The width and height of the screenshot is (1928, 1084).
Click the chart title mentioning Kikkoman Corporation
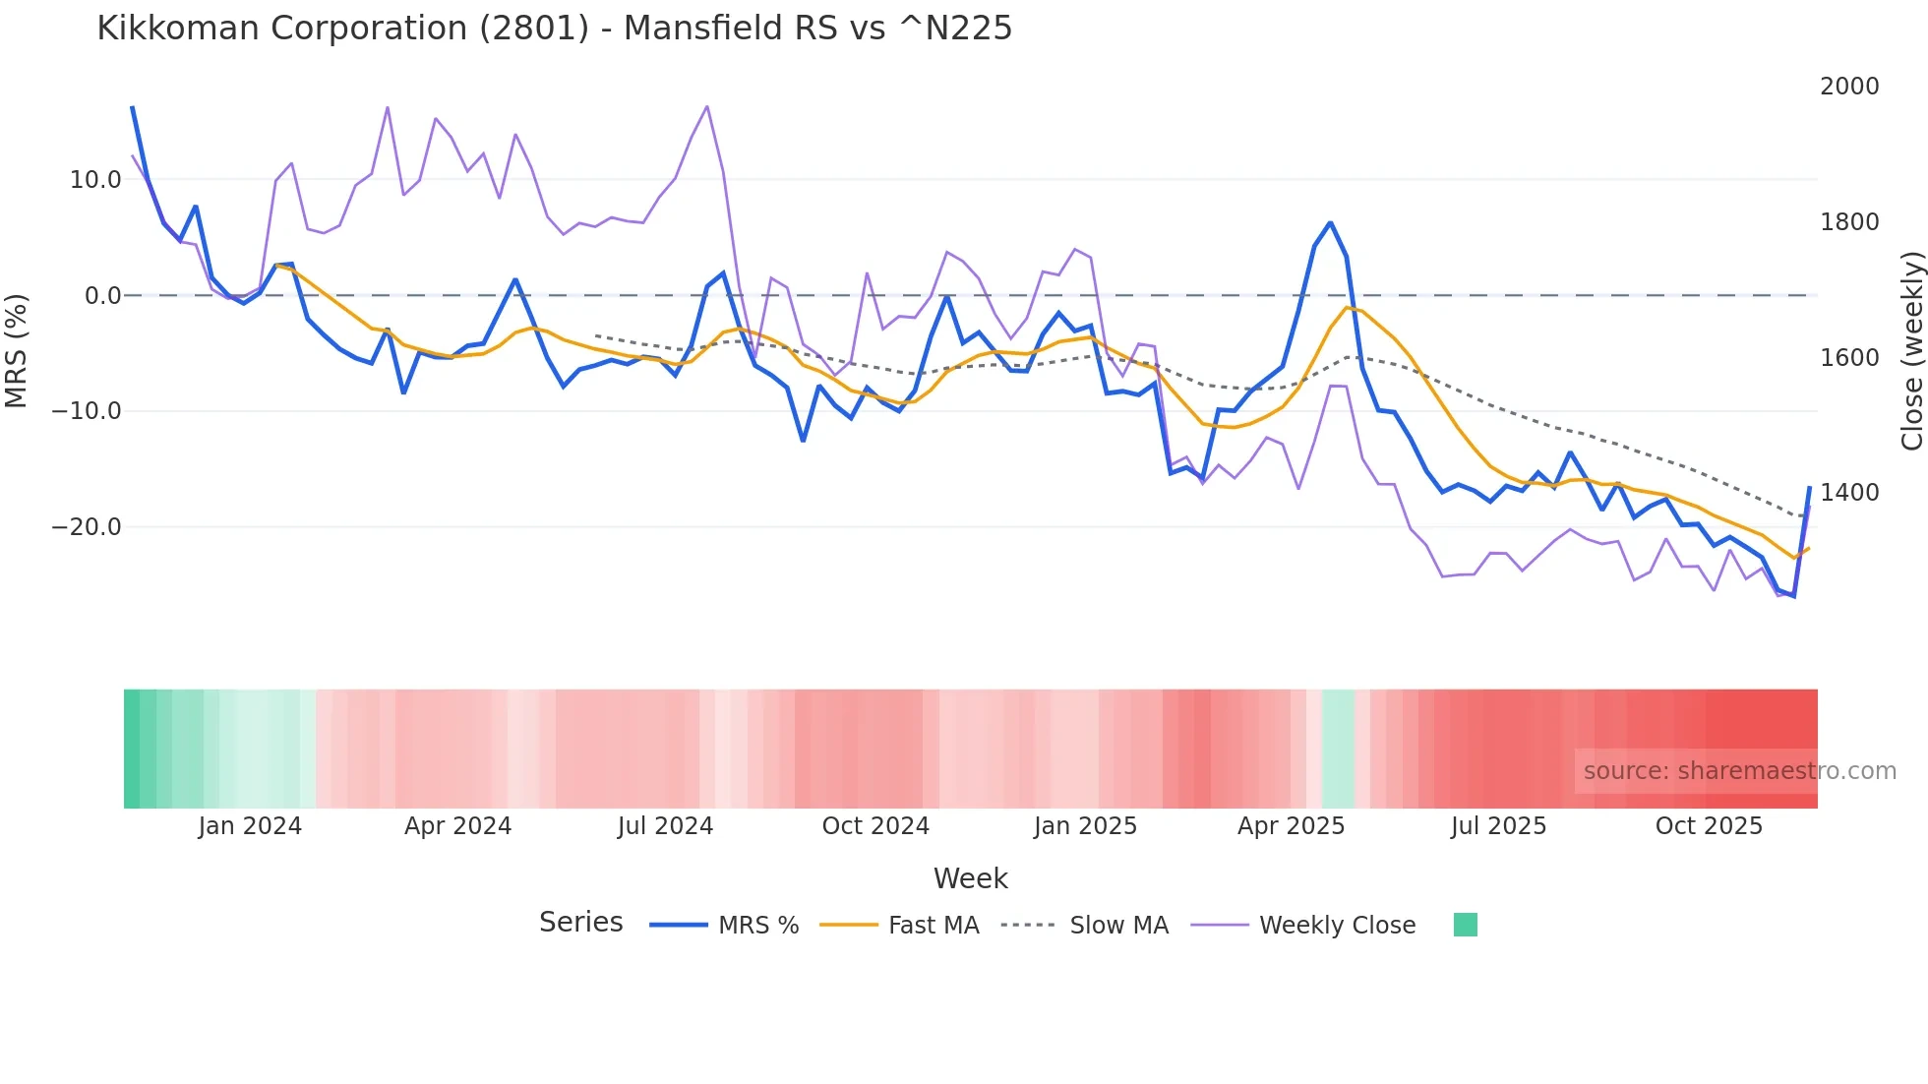click(x=554, y=29)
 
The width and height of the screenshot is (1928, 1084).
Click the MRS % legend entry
click(x=757, y=926)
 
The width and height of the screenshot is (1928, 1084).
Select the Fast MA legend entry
click(x=933, y=926)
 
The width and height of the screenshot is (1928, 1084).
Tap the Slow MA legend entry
click(x=1118, y=926)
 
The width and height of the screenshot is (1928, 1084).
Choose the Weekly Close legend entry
click(x=1337, y=926)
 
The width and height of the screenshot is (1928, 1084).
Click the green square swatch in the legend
click(x=1465, y=925)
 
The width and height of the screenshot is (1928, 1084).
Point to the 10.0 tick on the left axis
click(x=95, y=180)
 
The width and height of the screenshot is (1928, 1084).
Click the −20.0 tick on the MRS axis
click(x=87, y=527)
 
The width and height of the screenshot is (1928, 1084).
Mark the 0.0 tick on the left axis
click(x=102, y=296)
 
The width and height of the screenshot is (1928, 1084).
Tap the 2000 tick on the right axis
click(x=1848, y=87)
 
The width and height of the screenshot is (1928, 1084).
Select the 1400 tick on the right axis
click(x=1848, y=493)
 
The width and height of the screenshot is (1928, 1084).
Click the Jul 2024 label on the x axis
click(x=665, y=826)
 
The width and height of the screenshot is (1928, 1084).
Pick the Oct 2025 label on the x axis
click(x=1709, y=826)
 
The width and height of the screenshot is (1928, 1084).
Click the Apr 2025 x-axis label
click(x=1291, y=826)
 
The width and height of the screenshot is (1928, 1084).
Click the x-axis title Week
click(x=970, y=878)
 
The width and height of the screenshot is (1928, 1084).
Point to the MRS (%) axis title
click(x=17, y=350)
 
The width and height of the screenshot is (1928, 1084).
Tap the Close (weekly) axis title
click(x=1911, y=350)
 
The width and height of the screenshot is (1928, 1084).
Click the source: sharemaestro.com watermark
click(x=1739, y=771)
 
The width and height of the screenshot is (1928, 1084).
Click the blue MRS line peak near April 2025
click(x=1330, y=223)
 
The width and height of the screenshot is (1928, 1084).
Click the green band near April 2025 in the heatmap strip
click(x=1338, y=749)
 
